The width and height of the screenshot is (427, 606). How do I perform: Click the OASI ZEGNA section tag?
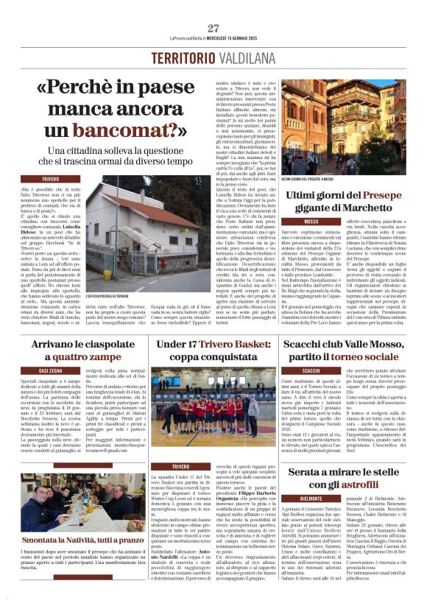[51, 370]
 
